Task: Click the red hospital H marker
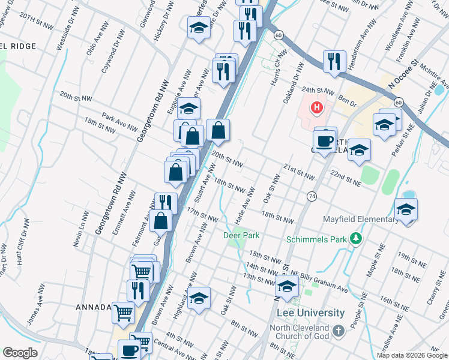[316, 108]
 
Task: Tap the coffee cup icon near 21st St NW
[324, 142]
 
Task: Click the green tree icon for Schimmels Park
[357, 239]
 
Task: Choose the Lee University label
[311, 313]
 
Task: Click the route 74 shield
[312, 196]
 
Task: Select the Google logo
[20, 353]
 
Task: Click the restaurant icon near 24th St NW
[334, 61]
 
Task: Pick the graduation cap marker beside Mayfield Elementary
[406, 209]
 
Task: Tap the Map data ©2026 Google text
[412, 356]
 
